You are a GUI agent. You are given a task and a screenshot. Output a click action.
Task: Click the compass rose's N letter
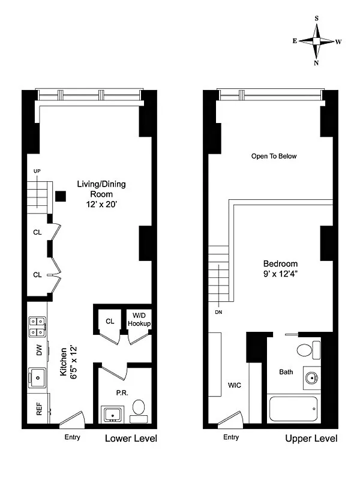tap(316, 63)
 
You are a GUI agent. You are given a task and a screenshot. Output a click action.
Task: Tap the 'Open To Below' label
tap(274, 156)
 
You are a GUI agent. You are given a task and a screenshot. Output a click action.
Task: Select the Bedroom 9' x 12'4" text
tap(280, 268)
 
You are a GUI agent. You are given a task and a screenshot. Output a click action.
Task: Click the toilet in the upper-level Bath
tap(308, 350)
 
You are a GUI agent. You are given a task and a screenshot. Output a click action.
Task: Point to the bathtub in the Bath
tap(293, 409)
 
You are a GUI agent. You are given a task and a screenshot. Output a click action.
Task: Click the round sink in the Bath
tap(312, 378)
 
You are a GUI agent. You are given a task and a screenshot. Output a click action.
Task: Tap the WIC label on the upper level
tap(235, 385)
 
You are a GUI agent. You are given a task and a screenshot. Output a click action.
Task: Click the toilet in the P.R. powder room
tap(139, 411)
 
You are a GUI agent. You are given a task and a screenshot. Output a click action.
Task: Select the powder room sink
tap(113, 414)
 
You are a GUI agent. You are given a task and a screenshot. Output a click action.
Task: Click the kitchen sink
tap(37, 378)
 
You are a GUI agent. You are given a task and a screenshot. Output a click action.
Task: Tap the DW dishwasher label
tap(39, 350)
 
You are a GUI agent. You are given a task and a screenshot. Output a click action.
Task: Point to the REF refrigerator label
tap(39, 409)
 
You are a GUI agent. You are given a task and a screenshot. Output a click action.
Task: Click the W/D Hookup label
tap(139, 319)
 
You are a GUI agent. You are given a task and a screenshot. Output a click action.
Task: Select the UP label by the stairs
tap(37, 171)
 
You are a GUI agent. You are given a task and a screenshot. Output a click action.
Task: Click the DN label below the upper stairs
tap(218, 312)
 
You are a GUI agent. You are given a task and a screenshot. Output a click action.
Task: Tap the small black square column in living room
tap(61, 196)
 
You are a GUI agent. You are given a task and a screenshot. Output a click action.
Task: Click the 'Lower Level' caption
tap(131, 439)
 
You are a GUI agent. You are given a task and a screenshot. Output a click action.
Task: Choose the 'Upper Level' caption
tap(311, 439)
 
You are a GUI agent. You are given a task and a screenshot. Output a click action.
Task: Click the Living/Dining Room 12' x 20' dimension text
tap(101, 204)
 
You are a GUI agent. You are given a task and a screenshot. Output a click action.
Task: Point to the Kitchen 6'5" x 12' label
tap(68, 363)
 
